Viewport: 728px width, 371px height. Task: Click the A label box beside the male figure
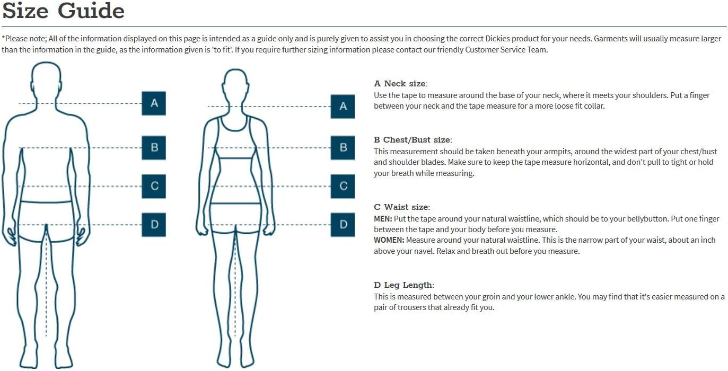154,103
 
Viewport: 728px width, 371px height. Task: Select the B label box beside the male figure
154,148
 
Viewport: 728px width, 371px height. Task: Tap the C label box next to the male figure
154,187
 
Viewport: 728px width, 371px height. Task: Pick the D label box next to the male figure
154,225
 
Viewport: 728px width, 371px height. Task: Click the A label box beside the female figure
343,107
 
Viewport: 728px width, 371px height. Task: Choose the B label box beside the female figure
343,148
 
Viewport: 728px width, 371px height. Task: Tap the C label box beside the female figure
343,187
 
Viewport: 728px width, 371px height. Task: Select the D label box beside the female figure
343,225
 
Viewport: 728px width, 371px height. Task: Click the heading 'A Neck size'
400,84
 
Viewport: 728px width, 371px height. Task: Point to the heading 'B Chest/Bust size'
413,140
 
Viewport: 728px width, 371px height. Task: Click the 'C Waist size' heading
402,207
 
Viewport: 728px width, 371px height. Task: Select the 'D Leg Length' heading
404,285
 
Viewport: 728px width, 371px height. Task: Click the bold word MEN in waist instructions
383,219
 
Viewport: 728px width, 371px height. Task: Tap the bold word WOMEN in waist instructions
389,240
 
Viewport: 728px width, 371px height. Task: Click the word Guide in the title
91,11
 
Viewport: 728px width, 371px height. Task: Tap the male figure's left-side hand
10,235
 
